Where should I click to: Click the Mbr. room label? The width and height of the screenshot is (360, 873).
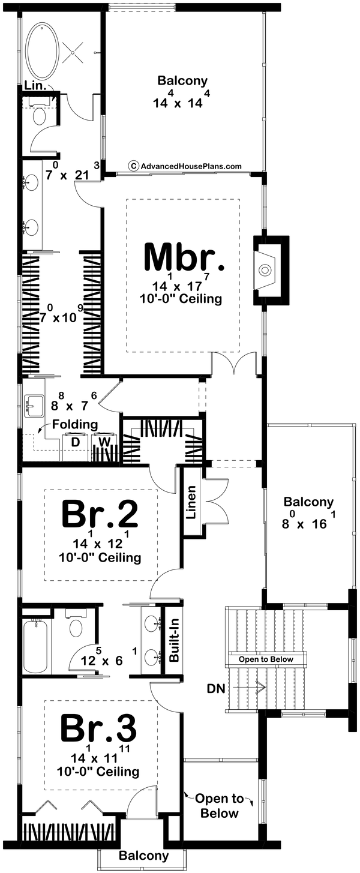pyautogui.click(x=184, y=258)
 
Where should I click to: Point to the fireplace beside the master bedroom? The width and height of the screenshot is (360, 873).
pyautogui.click(x=265, y=271)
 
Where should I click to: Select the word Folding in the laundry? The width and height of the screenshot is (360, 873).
pyautogui.click(x=75, y=424)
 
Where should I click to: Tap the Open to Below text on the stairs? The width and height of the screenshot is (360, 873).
pyautogui.click(x=266, y=659)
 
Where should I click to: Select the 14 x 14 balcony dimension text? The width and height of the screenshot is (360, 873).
pyautogui.click(x=182, y=100)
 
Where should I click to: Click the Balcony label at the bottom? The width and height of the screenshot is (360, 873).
pyautogui.click(x=143, y=856)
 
